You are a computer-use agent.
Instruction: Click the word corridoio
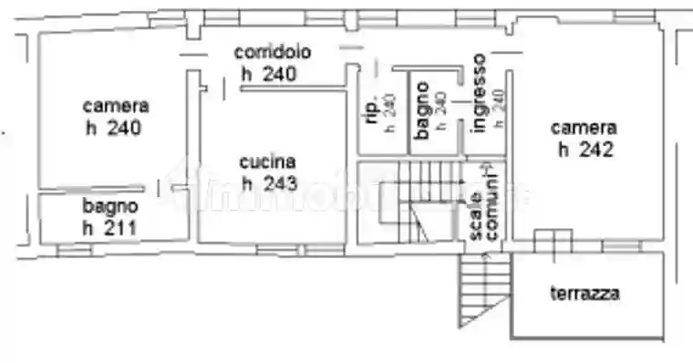tap(273, 52)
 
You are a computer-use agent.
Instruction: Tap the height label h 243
tap(269, 183)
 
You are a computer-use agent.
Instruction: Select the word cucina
tap(268, 162)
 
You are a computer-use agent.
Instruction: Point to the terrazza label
tap(585, 294)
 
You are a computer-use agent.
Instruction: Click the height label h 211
tap(109, 226)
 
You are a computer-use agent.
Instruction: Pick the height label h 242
tap(584, 150)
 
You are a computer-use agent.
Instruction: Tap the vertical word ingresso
tap(479, 93)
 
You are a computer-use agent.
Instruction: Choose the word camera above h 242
tap(584, 128)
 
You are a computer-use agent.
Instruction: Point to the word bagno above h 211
tap(110, 205)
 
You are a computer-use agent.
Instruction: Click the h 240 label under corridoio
tap(268, 75)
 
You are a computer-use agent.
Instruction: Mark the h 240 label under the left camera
tap(114, 129)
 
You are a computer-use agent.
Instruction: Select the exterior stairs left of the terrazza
tap(482, 290)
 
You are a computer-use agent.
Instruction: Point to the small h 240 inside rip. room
tap(390, 112)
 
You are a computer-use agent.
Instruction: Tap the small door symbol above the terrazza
tap(552, 242)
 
